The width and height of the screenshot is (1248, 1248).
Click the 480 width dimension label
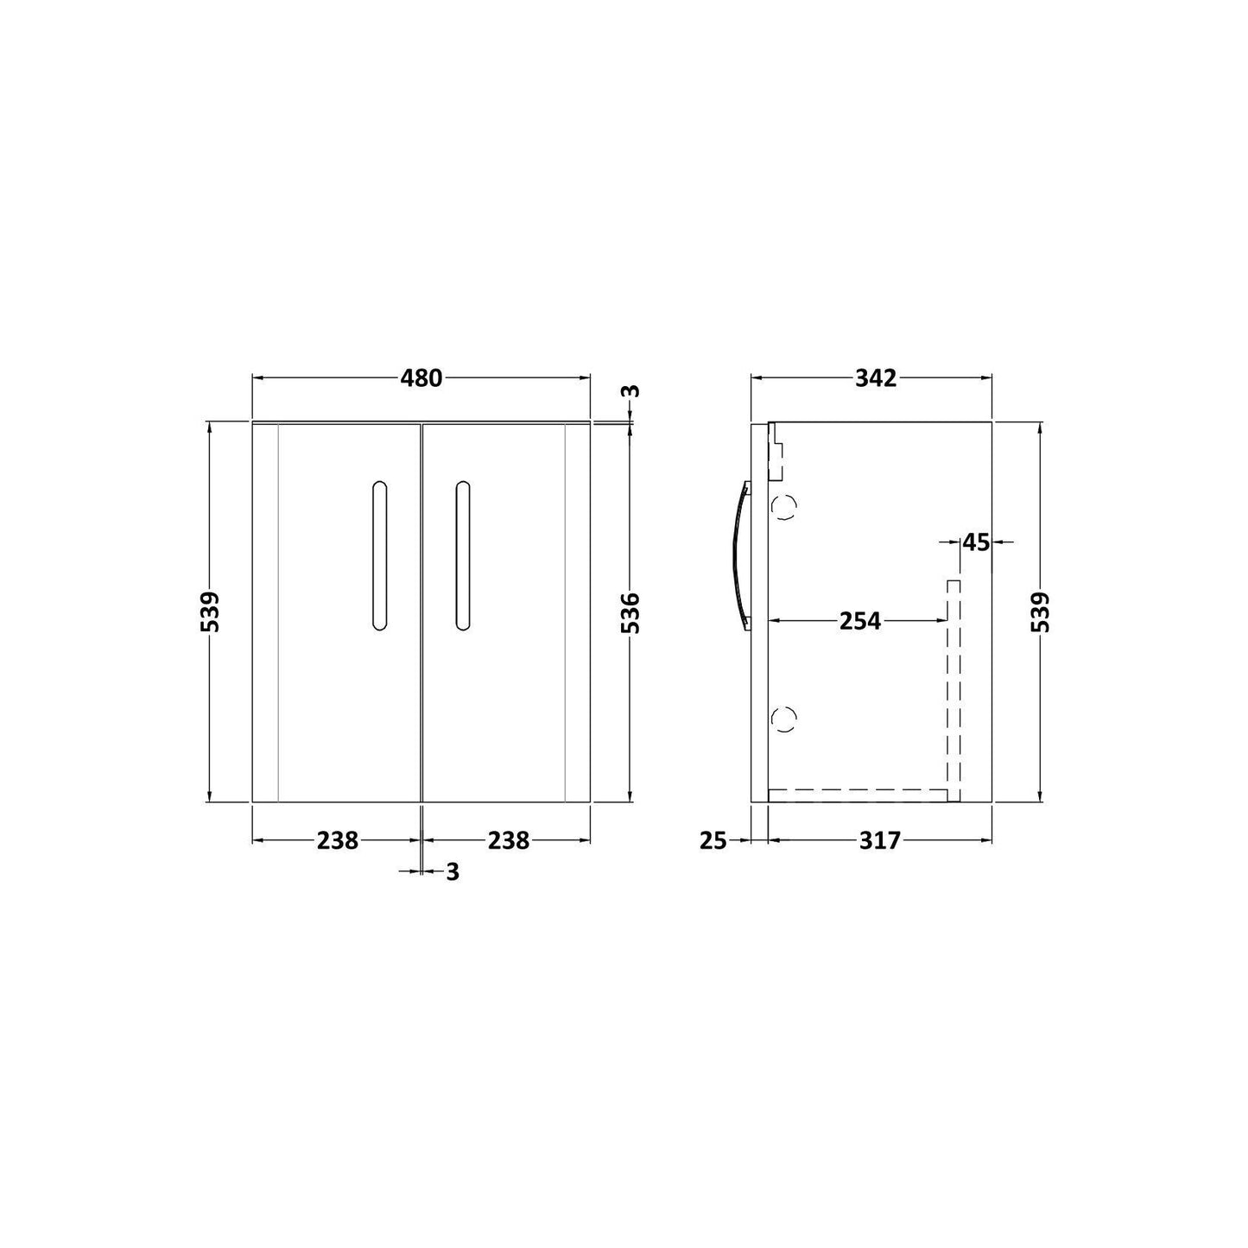click(421, 378)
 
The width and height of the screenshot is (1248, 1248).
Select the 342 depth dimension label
click(876, 378)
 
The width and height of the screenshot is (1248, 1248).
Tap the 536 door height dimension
click(630, 612)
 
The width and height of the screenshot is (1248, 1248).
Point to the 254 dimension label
click(860, 621)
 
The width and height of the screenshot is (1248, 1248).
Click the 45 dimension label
click(976, 542)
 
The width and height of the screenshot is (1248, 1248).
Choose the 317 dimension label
click(879, 840)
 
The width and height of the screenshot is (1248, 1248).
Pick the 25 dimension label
click(713, 840)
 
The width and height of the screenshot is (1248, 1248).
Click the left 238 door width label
click(338, 840)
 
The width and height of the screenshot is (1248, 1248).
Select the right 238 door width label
click(509, 840)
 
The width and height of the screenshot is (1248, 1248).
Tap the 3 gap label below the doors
click(453, 872)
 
